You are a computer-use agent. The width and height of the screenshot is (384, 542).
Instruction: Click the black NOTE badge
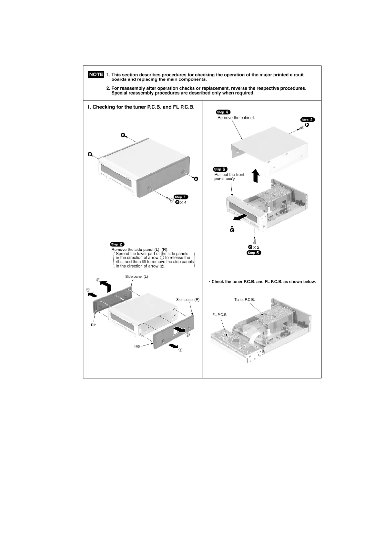pos(96,74)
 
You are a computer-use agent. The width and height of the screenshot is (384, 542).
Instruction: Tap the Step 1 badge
pos(181,197)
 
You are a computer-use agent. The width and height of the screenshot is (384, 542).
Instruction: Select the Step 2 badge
pos(117,244)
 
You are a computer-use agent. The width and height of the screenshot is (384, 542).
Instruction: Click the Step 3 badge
pos(308,120)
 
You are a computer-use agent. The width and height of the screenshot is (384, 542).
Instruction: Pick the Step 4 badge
pos(223,112)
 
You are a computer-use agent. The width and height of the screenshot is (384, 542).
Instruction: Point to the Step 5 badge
pos(254,253)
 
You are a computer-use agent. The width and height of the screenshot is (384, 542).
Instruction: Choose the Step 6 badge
pos(220,169)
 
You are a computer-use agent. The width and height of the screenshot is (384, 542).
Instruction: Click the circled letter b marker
pos(307,125)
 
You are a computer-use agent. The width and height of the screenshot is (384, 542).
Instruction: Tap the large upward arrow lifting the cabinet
pos(256,175)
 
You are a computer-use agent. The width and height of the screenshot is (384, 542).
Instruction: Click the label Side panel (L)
pos(136,276)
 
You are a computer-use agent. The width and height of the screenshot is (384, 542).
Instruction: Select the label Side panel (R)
pos(188,300)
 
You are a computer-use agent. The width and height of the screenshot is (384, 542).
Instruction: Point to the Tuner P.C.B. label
pos(244,300)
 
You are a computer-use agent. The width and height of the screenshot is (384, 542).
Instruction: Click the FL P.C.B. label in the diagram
pos(220,315)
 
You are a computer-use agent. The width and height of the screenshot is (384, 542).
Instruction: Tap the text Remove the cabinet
pos(236,118)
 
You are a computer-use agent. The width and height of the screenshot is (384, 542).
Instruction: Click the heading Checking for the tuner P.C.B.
pos(141,107)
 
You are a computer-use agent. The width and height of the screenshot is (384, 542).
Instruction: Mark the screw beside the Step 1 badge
pos(170,201)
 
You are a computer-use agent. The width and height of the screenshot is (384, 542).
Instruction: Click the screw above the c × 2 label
pos(255,240)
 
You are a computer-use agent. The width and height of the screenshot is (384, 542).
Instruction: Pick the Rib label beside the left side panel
pos(94,325)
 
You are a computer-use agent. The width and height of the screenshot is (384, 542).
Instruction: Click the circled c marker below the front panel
pos(232,230)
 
